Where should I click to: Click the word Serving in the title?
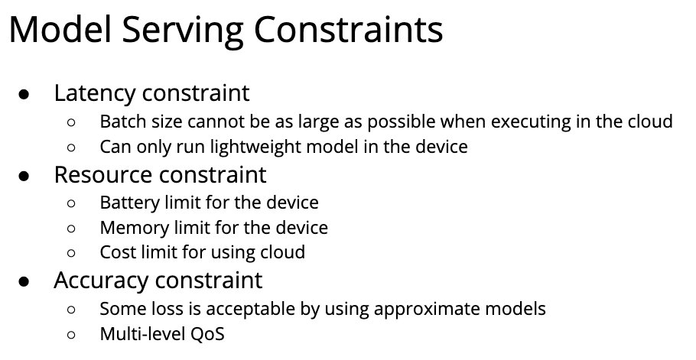tap(183, 31)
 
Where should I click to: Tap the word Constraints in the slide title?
tap(349, 29)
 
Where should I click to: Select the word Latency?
tap(95, 93)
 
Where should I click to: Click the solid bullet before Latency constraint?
tap(24, 94)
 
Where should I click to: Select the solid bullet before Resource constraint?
tap(24, 176)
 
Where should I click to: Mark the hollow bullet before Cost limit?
tap(71, 253)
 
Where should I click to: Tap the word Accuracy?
tap(101, 281)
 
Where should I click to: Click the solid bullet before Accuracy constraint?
tap(24, 281)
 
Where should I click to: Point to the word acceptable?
tap(251, 310)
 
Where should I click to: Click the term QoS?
tap(207, 334)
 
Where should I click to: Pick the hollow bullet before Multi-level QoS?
tap(71, 334)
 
